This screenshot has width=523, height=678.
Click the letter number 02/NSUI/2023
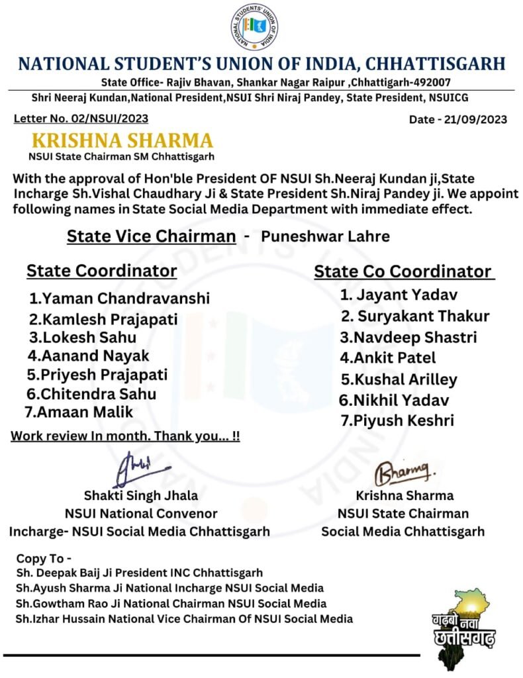coord(80,119)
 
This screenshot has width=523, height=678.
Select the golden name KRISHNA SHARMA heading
coord(122,141)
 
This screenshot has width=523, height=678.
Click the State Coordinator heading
coord(101,271)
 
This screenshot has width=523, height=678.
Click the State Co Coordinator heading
coord(403,271)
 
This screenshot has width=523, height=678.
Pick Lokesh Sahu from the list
coord(84,337)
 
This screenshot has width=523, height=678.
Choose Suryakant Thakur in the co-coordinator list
coord(415,316)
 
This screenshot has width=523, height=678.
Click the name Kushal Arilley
coord(399,379)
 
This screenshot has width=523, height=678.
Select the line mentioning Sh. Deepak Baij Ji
coord(140,573)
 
